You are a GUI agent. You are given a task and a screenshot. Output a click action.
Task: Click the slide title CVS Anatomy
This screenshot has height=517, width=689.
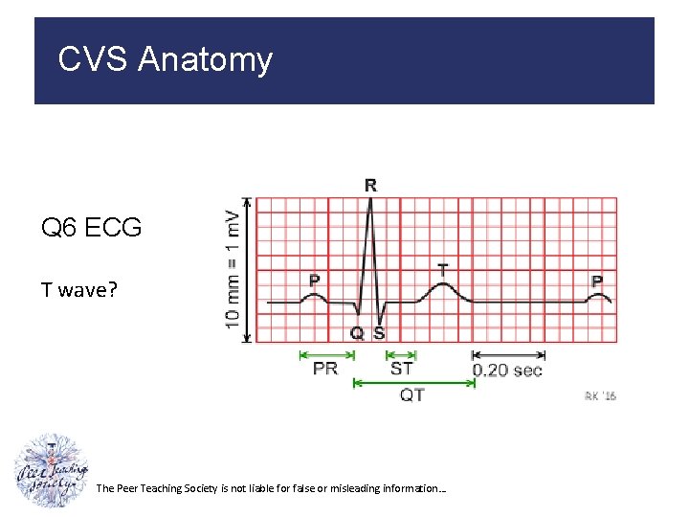(x=165, y=59)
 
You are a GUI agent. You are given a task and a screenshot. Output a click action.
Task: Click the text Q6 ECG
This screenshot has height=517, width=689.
(x=91, y=228)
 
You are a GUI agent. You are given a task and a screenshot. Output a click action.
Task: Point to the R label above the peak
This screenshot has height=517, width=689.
(x=370, y=186)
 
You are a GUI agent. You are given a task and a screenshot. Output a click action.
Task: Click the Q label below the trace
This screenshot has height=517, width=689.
(x=357, y=333)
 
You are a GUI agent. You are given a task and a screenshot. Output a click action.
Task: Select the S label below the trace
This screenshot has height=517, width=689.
(x=379, y=333)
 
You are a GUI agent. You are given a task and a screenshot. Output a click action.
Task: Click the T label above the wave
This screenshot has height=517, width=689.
(x=442, y=271)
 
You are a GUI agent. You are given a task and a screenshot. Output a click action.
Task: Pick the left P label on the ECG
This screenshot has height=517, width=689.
(x=314, y=281)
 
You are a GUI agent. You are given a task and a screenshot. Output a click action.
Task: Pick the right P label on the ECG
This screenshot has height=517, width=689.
(x=597, y=281)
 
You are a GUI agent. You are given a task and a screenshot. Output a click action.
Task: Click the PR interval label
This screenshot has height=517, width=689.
(x=325, y=369)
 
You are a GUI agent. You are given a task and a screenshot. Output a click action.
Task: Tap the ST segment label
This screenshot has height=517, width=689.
(x=402, y=369)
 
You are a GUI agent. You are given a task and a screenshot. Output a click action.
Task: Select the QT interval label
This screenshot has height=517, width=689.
(x=412, y=394)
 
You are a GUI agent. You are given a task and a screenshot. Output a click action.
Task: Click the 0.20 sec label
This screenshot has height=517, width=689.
(x=507, y=370)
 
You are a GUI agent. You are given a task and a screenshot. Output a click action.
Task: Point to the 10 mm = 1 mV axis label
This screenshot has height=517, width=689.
(x=233, y=269)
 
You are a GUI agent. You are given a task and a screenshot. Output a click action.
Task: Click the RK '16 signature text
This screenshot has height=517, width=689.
(x=600, y=396)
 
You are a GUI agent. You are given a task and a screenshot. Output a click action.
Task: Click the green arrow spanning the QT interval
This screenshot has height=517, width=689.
(x=414, y=382)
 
